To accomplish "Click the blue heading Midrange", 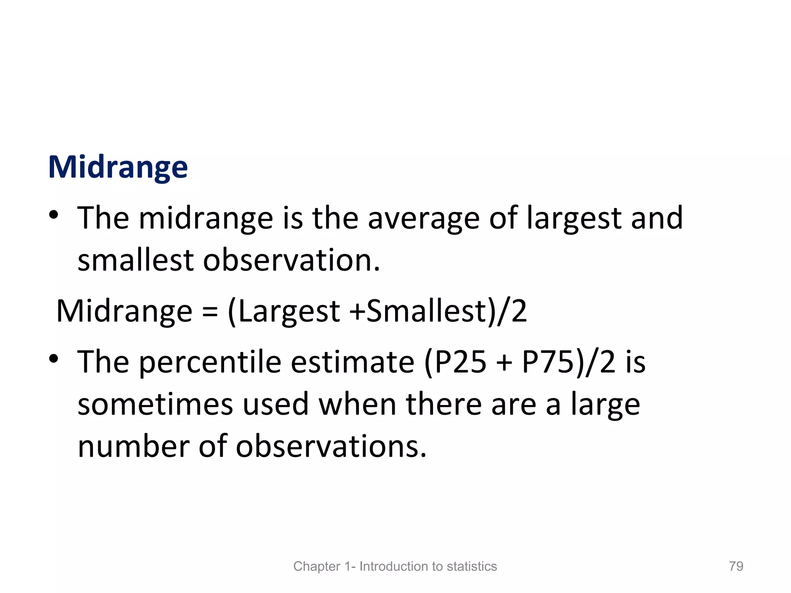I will pyautogui.click(x=118, y=167).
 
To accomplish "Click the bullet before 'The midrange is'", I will pyautogui.click(x=54, y=214).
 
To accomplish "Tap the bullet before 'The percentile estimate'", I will pyautogui.click(x=54, y=359).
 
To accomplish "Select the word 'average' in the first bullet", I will pyautogui.click(x=423, y=219).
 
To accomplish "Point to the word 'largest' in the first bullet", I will pyautogui.click(x=574, y=219).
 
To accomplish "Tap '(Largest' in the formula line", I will pyautogui.click(x=284, y=311).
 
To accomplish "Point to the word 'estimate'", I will pyautogui.click(x=352, y=362).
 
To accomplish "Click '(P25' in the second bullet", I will pyautogui.click(x=455, y=362).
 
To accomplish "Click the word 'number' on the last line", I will pyautogui.click(x=133, y=446).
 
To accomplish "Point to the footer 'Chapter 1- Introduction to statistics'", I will pyautogui.click(x=395, y=566).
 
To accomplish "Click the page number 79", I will pyautogui.click(x=736, y=566).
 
